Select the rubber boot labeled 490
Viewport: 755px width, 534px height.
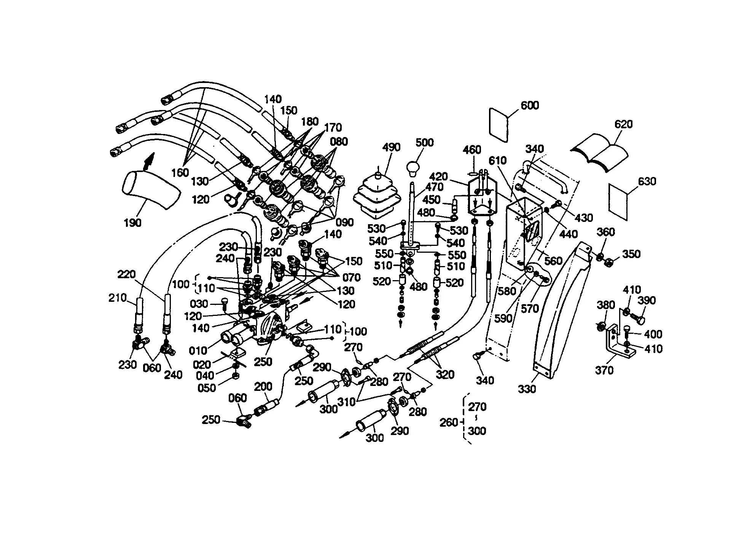click(x=377, y=198)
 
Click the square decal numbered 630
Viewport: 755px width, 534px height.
click(x=618, y=202)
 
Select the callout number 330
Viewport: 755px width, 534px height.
click(x=527, y=389)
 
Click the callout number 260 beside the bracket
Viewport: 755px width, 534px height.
click(x=449, y=422)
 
